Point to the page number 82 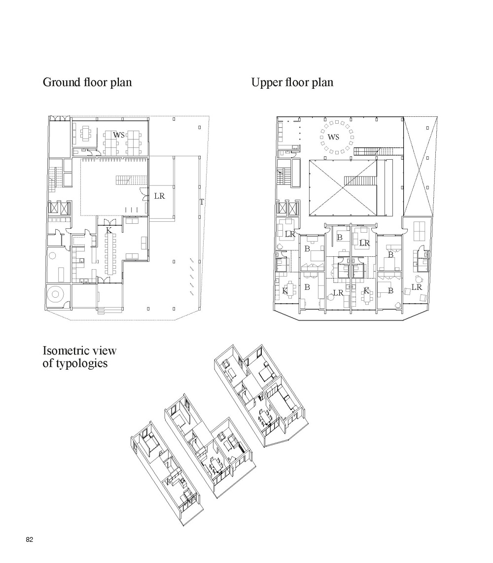coord(30,540)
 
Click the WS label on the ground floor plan coord(119,135)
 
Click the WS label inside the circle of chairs coord(334,137)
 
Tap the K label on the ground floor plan coord(109,230)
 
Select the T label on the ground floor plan coord(202,202)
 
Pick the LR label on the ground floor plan coord(159,196)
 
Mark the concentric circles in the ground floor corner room coord(55,295)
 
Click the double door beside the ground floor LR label coord(144,196)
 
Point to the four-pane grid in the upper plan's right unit coord(420,230)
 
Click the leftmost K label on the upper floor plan coord(285,291)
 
